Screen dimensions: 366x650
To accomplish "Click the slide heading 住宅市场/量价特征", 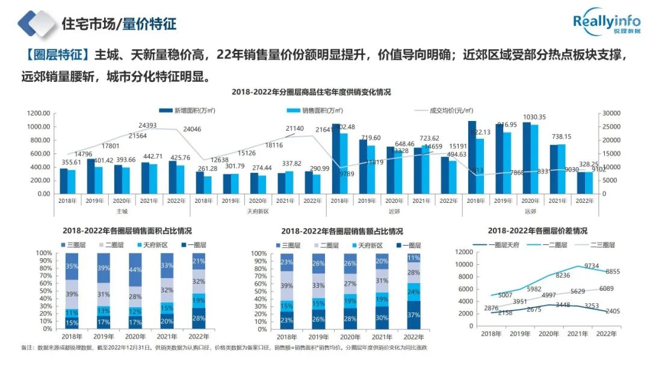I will tap(119, 24).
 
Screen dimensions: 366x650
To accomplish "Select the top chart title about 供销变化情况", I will tap(311, 92).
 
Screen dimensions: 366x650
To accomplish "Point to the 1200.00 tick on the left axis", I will tap(38, 113).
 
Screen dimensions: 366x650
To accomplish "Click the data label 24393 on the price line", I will tap(148, 125).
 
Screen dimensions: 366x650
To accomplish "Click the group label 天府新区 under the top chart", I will tap(258, 211).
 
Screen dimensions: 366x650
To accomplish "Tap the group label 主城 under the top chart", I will tap(122, 211).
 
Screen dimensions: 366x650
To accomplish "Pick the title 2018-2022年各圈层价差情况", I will tap(537, 231).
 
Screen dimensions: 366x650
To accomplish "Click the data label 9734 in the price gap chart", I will tap(592, 265).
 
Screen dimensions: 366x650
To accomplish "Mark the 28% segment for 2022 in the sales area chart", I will tap(199, 318).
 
